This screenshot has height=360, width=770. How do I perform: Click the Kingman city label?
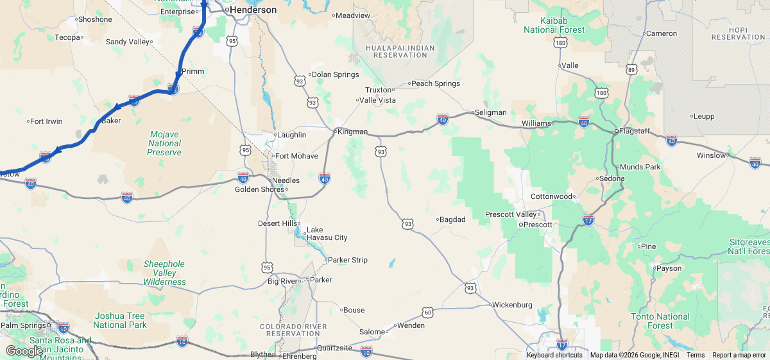point(352,132)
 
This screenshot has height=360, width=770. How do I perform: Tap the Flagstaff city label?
point(633,131)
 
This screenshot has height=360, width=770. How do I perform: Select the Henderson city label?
point(253,10)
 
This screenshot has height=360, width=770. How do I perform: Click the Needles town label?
point(286,180)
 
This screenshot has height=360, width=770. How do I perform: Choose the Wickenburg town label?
point(511,304)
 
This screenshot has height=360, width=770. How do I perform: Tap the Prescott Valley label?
point(510,214)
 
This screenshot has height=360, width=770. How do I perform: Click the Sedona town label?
point(610,178)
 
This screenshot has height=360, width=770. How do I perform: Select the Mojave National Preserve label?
point(164,143)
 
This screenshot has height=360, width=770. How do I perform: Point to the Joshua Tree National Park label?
point(120,320)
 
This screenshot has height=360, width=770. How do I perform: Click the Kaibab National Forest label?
point(554,25)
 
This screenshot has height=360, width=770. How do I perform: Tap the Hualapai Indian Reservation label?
point(399,51)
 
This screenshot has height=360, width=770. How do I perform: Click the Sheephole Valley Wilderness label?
point(164,273)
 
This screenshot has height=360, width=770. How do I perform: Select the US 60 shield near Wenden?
point(427,312)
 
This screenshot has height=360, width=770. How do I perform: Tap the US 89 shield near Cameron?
point(631,69)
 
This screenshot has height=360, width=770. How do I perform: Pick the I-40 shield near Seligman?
point(442,119)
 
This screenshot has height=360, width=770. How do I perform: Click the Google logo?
point(24,350)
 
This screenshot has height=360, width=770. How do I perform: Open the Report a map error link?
point(739,356)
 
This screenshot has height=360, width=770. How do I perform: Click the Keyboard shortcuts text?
point(554,356)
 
